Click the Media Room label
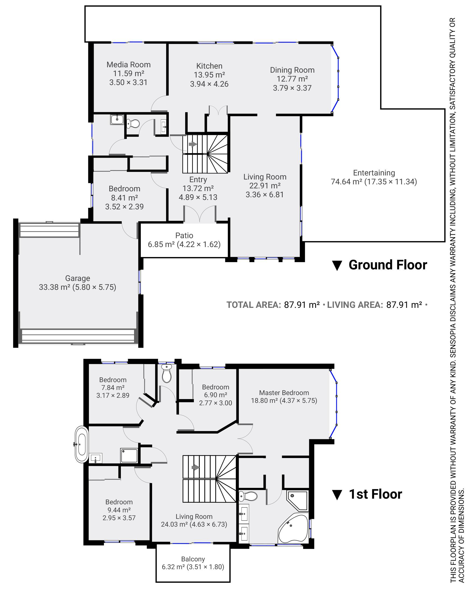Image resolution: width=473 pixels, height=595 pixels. pos(128,65)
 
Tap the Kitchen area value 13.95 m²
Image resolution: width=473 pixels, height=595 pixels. pos(209,75)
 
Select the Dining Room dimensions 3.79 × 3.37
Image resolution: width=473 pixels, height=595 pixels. pos(292,88)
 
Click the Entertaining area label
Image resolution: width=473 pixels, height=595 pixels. pos(374,173)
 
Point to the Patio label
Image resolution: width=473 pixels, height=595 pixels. pos(184,235)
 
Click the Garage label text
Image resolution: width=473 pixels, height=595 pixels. pos(78,278)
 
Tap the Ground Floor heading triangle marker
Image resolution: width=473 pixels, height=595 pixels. pos(337,266)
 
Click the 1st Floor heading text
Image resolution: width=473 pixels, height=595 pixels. pos(376,494)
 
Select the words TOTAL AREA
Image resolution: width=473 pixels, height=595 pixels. pos(254,305)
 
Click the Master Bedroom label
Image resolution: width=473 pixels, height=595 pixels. pos(284,393)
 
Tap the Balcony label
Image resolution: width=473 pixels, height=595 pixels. pos(193,559)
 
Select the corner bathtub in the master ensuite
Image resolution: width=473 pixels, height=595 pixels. pos(293,529)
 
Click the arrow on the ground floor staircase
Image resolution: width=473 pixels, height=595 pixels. pos(192,144)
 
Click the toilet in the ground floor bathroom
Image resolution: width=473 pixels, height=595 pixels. pos(133,123)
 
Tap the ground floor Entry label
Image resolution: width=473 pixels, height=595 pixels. pos(198,180)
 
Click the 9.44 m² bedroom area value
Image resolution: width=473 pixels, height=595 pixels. pos(119,510)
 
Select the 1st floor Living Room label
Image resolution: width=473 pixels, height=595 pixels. pos(194,517)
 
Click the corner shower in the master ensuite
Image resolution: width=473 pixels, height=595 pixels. pos(298,500)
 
